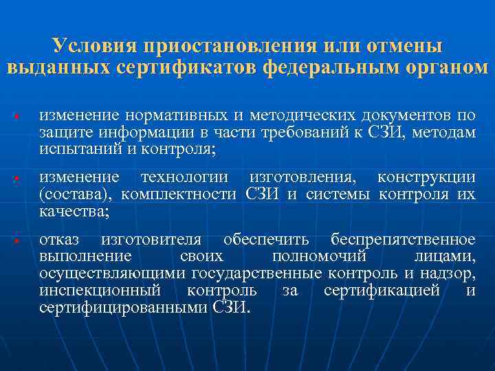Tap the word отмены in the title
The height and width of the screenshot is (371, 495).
pyautogui.click(x=407, y=46)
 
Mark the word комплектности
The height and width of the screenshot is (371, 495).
pyautogui.click(x=175, y=194)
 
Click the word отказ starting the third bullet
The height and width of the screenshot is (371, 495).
pyautogui.click(x=59, y=240)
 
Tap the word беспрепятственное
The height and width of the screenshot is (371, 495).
pyautogui.click(x=403, y=240)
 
